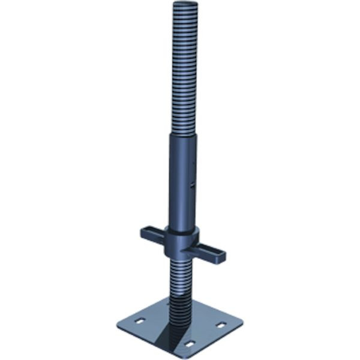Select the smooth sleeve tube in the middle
(x=182, y=180)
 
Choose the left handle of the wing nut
(x=154, y=234)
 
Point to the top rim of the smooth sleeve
(x=183, y=136)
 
